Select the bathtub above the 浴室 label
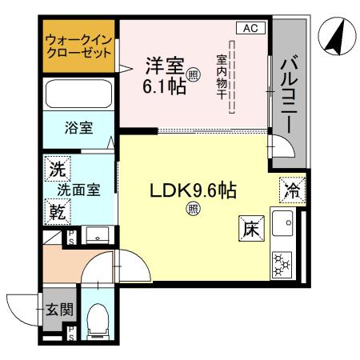79,94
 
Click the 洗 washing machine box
57,168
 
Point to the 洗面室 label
80,190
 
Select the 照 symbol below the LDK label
193,210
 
